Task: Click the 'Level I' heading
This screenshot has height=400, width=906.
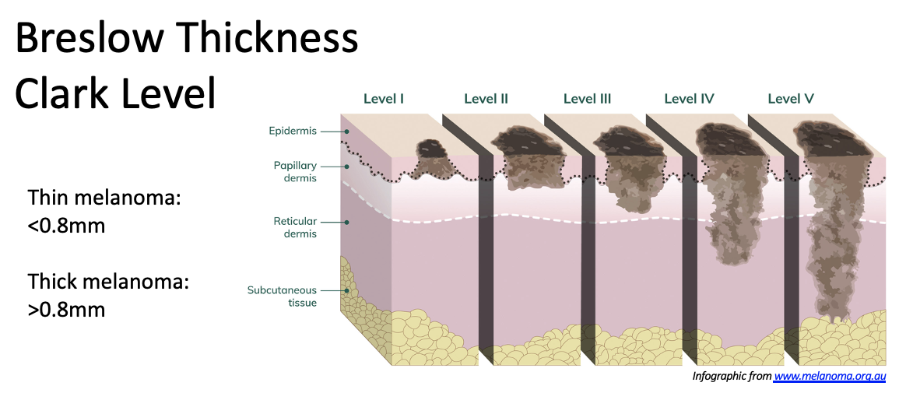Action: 383,99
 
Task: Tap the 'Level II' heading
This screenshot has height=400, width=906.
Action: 486,99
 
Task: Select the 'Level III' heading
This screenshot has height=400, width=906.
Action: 587,99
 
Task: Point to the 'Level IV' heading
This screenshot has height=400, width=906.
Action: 689,99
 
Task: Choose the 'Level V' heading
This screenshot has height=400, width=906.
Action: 790,99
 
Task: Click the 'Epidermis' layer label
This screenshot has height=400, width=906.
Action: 293,131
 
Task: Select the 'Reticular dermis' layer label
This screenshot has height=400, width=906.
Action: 294,227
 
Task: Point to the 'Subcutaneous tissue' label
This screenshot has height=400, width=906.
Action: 282,296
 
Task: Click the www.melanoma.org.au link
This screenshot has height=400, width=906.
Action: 829,377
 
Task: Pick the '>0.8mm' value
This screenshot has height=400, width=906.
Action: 66,309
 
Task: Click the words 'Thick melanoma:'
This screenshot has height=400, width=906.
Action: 108,281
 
